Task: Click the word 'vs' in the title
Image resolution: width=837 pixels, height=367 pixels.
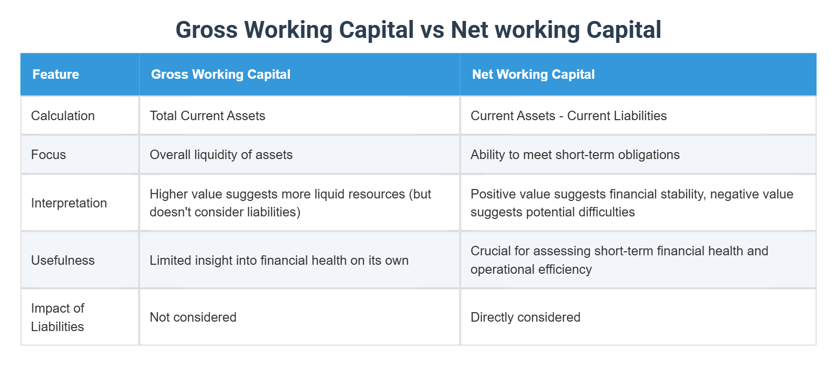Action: point(432,30)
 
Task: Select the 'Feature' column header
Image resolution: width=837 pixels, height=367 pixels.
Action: point(56,74)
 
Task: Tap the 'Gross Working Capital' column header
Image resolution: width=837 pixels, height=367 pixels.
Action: point(220,74)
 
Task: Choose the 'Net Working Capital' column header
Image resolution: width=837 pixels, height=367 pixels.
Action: point(533,74)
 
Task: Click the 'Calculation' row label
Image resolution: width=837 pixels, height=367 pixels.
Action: point(63,116)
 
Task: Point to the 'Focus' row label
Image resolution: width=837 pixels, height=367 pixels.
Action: point(48,155)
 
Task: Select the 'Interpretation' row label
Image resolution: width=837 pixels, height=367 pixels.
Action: point(69,203)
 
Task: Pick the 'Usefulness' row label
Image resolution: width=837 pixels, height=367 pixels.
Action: point(63,260)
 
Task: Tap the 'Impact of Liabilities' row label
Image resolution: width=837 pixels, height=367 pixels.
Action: point(57,317)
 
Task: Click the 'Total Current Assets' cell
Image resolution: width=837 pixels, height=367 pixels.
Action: point(207,116)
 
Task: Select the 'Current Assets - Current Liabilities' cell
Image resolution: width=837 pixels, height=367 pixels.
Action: point(568,116)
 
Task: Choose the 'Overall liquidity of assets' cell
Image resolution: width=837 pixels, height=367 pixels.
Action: point(221,155)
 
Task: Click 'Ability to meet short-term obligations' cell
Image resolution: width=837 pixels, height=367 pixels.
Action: point(574,155)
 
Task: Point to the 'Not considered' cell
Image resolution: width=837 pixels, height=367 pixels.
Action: point(193,317)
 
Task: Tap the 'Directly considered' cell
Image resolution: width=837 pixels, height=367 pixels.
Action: point(525,317)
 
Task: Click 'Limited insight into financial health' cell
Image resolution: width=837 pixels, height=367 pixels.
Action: point(279,260)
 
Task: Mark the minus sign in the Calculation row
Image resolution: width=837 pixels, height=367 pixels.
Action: point(561,116)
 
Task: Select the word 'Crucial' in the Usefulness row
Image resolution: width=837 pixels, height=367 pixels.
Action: point(490,251)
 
